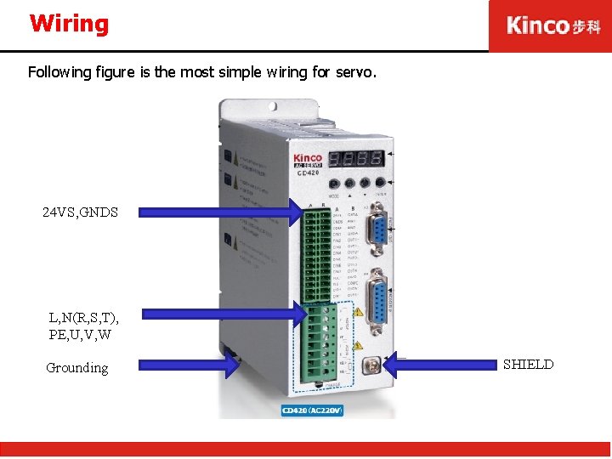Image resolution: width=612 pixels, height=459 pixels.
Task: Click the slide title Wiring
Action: tap(69, 24)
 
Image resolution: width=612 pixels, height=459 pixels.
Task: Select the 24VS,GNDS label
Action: tap(80, 212)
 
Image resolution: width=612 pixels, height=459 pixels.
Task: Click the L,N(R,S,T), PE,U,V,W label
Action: tap(84, 326)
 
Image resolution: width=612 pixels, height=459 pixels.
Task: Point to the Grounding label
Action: tap(77, 368)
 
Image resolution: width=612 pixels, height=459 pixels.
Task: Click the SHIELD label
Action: tap(528, 365)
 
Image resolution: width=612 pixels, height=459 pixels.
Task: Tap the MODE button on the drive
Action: tap(332, 183)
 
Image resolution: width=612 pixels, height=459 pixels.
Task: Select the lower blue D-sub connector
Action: tap(375, 297)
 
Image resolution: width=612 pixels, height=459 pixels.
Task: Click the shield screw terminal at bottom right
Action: tap(371, 367)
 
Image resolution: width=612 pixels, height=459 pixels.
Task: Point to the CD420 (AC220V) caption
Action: tap(312, 411)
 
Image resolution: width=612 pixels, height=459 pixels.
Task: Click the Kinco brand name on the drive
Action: tap(307, 159)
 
